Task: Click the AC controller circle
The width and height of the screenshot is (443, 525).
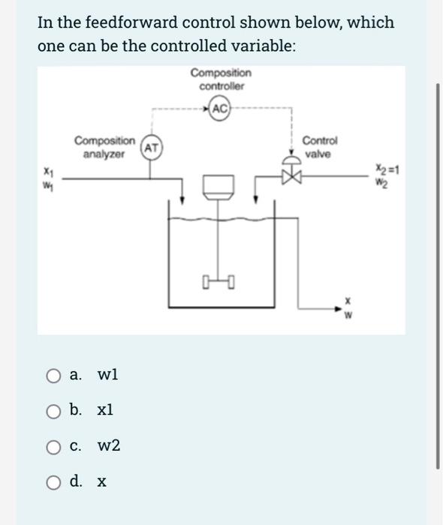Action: pyautogui.click(x=221, y=109)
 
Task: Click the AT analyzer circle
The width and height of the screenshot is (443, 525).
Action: pyautogui.click(x=151, y=148)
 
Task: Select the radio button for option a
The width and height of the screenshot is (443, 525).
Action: pyautogui.click(x=53, y=375)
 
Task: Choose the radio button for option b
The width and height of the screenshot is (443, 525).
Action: pyautogui.click(x=53, y=411)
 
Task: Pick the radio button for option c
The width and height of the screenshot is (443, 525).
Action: pyautogui.click(x=53, y=447)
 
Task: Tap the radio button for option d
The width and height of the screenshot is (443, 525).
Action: pyautogui.click(x=53, y=481)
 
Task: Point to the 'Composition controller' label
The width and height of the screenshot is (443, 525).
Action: pyautogui.click(x=221, y=79)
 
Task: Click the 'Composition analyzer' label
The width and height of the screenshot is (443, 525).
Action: pyautogui.click(x=104, y=147)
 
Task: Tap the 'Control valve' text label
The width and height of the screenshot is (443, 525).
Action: pyautogui.click(x=320, y=147)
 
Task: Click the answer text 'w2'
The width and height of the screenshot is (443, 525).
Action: pyautogui.click(x=109, y=446)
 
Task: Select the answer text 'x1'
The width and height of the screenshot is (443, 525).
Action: pyautogui.click(x=105, y=410)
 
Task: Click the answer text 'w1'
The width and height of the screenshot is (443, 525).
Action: pyautogui.click(x=107, y=374)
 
